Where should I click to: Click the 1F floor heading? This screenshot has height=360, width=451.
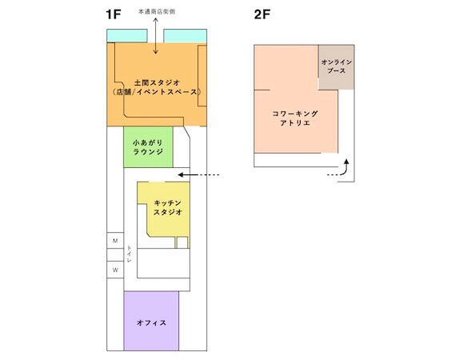[113, 14]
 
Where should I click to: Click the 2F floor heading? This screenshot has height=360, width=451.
[261, 14]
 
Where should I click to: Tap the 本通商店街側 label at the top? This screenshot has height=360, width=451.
[157, 12]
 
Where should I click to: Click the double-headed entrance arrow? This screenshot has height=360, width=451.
[156, 36]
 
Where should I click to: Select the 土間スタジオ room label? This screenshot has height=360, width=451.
[157, 83]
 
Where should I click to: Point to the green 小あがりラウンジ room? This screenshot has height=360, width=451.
[148, 147]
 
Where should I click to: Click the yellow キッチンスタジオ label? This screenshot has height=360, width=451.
[168, 208]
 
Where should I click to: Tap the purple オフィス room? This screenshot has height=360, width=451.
[151, 321]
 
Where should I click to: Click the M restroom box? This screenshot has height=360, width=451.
[115, 241]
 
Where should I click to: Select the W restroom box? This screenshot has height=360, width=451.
[115, 270]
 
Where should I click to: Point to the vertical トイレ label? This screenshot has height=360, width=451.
[130, 254]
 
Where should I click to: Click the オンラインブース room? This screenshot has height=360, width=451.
[336, 66]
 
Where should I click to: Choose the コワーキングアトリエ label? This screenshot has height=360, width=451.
[295, 118]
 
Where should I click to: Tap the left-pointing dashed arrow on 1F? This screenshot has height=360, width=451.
[199, 174]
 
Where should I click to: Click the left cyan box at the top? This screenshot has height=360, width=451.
[127, 36]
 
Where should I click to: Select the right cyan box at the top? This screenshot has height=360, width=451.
[186, 36]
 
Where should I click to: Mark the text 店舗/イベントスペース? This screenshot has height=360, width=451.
[157, 92]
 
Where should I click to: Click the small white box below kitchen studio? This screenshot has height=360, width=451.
[182, 242]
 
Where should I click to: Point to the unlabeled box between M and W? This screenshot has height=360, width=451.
[115, 255]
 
